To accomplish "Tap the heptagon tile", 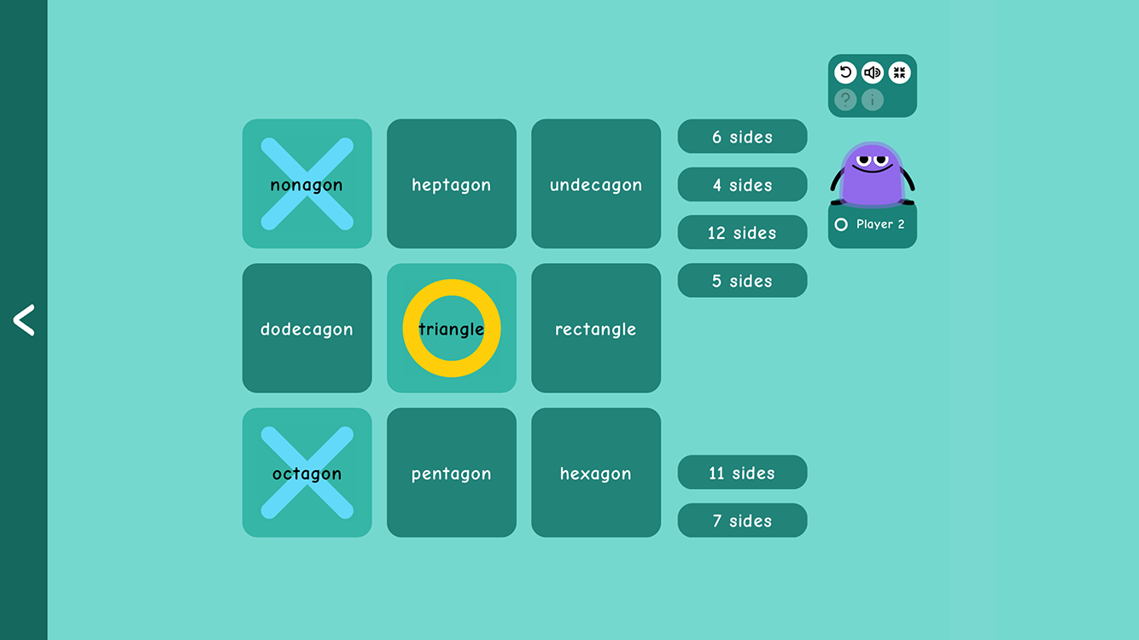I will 451,184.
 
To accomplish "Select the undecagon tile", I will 596,184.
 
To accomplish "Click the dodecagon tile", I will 307,329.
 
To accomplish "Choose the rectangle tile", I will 596,329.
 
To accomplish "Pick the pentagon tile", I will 451,473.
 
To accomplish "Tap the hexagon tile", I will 596,473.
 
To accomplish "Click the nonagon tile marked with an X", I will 307,184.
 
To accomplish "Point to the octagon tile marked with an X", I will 307,473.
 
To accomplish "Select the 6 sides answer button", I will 742,137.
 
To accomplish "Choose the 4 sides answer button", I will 742,184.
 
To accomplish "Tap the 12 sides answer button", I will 742,232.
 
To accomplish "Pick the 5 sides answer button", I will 742,281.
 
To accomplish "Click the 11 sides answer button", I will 742,473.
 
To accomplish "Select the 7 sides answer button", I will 742,521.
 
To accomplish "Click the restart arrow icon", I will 845,73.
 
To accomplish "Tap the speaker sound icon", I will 872,73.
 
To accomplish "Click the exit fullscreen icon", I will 899,73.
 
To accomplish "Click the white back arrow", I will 24,320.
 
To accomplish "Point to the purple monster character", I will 872,175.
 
